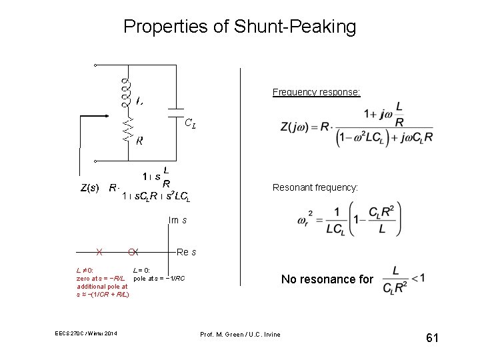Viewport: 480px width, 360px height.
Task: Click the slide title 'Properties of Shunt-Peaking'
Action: tap(240, 27)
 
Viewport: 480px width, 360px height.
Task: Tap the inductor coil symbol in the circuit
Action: tap(125, 92)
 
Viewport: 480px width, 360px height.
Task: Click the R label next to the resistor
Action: tap(139, 141)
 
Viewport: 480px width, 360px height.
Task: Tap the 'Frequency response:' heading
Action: tap(316, 92)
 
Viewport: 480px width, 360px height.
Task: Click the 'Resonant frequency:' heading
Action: tap(315, 188)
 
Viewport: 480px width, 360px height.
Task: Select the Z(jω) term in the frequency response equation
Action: tap(298, 127)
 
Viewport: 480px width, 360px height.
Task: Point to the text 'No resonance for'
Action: tap(327, 279)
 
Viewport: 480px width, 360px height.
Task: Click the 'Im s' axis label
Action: tap(177, 220)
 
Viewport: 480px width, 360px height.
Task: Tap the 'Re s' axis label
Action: tap(187, 252)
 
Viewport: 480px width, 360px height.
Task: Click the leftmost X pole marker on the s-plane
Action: tap(99, 252)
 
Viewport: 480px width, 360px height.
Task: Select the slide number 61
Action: tap(432, 339)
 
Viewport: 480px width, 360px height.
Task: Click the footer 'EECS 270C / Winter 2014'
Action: tap(86, 334)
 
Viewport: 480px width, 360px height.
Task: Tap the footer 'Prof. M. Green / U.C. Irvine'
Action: tap(240, 334)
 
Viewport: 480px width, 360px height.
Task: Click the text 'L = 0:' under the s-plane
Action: tap(141, 270)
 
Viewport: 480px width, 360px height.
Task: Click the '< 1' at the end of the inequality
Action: tap(418, 278)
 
